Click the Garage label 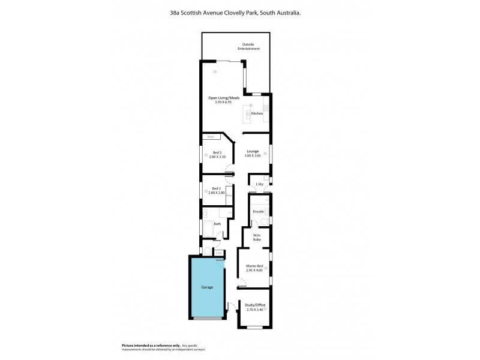click(x=207, y=287)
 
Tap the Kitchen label click(x=257, y=113)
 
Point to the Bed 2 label click(x=217, y=153)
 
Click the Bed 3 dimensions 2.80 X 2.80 click(x=216, y=193)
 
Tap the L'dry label click(x=260, y=184)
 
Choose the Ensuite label click(x=258, y=211)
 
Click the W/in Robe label click(x=256, y=238)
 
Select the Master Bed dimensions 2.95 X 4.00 click(x=254, y=271)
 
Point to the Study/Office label click(x=255, y=305)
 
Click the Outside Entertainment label click(x=251, y=47)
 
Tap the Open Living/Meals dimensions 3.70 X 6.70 click(x=223, y=103)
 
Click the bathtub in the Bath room click(x=207, y=230)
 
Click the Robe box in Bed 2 click(x=211, y=137)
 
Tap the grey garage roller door click(x=207, y=318)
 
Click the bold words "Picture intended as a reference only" click(x=151, y=346)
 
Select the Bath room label click(x=217, y=224)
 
